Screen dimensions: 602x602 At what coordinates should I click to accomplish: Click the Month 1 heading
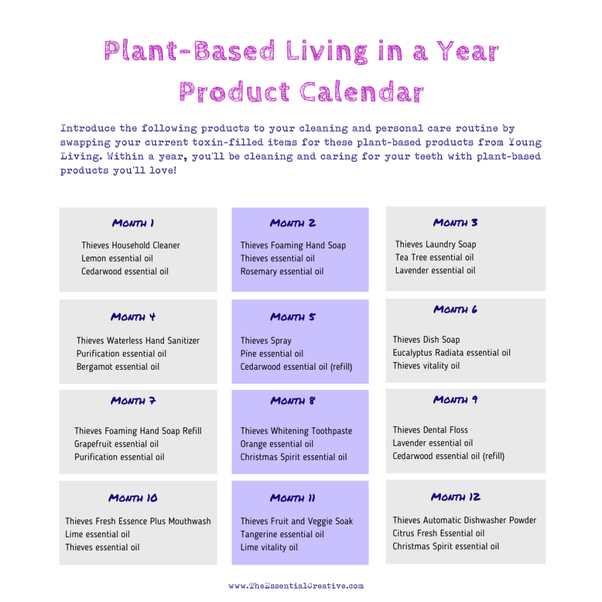click(133, 223)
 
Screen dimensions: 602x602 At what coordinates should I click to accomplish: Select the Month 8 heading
click(293, 401)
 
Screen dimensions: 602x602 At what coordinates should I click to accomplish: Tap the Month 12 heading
click(456, 497)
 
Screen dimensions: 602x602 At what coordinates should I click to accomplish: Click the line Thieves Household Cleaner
click(131, 245)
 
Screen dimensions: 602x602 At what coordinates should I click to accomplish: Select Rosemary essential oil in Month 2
click(282, 271)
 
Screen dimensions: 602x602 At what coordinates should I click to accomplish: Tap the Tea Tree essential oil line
click(434, 257)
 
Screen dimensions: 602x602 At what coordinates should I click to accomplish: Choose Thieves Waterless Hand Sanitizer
click(138, 340)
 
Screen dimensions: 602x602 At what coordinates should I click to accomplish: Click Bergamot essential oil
click(118, 366)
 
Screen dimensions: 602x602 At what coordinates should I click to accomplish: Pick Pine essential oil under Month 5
click(272, 353)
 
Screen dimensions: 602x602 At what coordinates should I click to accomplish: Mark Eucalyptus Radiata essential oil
click(451, 353)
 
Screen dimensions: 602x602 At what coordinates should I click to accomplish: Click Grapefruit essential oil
click(116, 444)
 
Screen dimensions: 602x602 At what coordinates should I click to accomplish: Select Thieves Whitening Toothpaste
click(296, 431)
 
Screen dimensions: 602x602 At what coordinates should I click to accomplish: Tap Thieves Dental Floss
click(430, 430)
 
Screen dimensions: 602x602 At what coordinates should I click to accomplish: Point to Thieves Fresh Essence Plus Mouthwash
click(138, 521)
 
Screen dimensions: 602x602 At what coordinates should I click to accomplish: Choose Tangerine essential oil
click(282, 534)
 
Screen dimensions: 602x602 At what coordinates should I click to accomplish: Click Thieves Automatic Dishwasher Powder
click(464, 520)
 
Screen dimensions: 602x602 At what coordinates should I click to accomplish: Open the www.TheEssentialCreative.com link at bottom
click(296, 586)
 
